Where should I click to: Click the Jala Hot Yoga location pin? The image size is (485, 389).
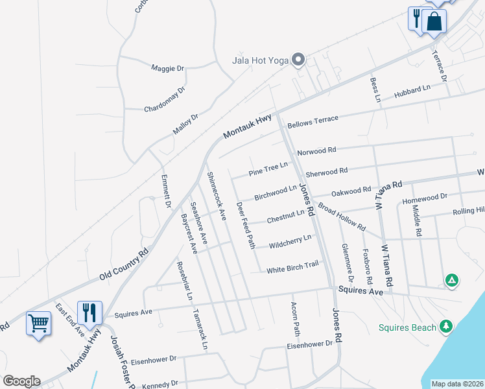pos(298,60)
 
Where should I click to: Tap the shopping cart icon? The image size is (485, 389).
pos(39,322)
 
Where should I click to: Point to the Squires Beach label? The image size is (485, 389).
pos(408,327)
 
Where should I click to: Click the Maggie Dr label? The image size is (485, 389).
pos(168,67)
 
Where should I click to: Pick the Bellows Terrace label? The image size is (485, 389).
pos(313,121)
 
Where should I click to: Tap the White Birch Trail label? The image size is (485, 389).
pos(293,266)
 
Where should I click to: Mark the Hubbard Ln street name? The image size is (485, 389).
pos(412,93)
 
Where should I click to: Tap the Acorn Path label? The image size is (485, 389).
pos(296,318)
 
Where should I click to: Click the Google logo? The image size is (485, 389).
pos(22,381)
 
